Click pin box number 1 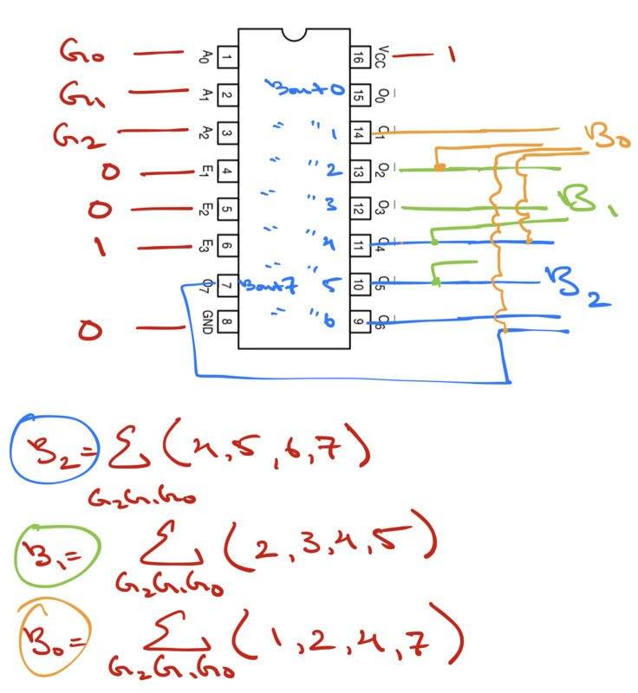click(227, 58)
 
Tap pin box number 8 click(227, 321)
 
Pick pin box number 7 click(227, 283)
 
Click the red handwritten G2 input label click(76, 134)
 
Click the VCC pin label click(381, 57)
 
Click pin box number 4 click(227, 171)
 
